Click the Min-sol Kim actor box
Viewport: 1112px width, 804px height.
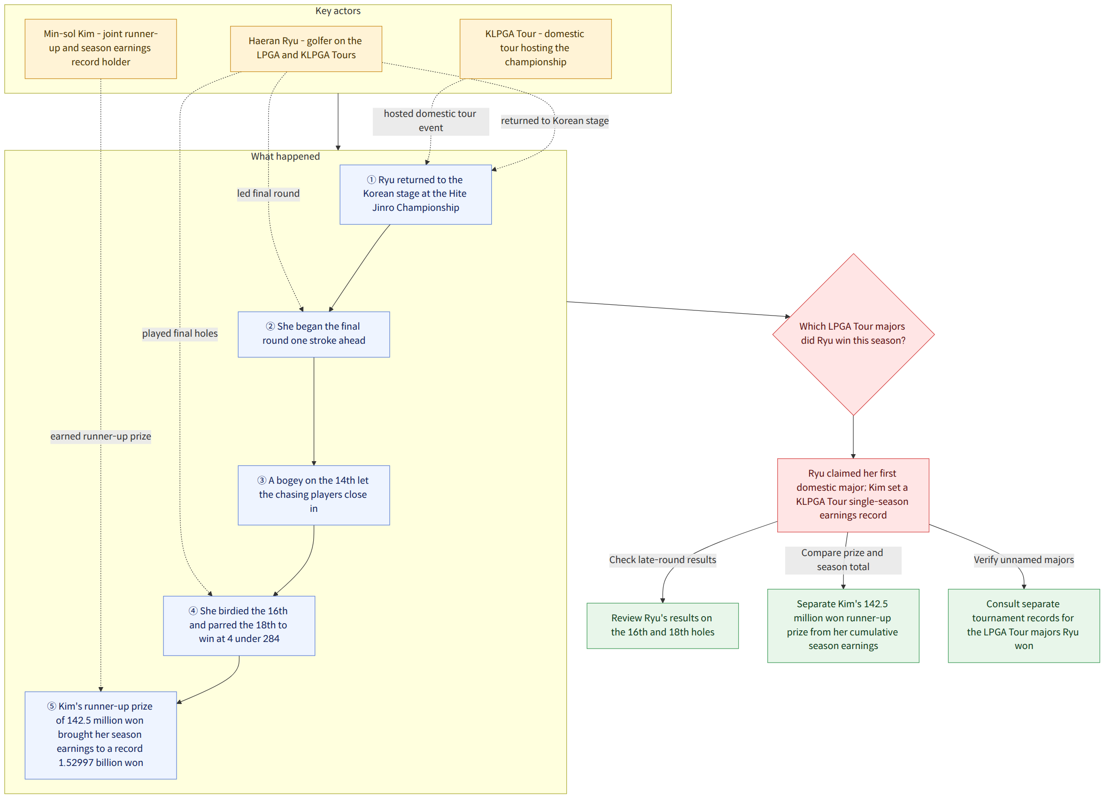pos(100,48)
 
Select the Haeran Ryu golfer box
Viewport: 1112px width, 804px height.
pos(306,48)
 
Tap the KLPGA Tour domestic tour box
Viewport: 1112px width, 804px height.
pos(535,48)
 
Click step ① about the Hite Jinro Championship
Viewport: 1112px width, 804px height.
pos(415,194)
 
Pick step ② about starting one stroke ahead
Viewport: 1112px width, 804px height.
pos(314,334)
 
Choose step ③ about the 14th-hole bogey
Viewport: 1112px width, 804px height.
pos(314,495)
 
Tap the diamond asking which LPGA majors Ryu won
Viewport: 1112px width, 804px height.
pos(853,334)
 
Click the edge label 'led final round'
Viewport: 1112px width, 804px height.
pos(268,193)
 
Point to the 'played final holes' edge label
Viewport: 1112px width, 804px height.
pos(180,333)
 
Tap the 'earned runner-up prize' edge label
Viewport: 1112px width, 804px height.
pos(100,436)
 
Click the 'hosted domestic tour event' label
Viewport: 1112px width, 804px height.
pos(431,121)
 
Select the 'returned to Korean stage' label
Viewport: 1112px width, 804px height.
pos(555,121)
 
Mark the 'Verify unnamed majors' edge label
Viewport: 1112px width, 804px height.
pos(1024,560)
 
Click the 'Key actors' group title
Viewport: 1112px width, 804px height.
pos(338,11)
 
